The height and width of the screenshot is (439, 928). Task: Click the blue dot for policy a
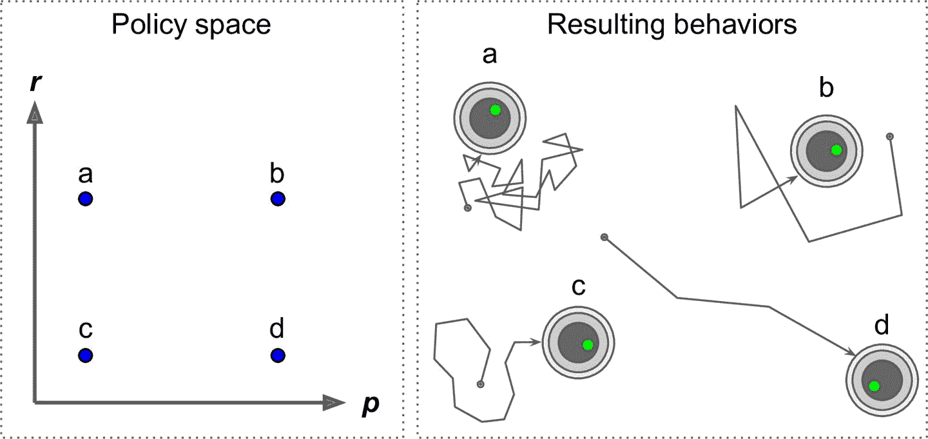[x=86, y=199]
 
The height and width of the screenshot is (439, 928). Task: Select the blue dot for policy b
[x=278, y=199]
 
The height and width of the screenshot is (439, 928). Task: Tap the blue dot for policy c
[x=86, y=355]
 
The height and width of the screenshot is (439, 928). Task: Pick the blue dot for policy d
[x=278, y=355]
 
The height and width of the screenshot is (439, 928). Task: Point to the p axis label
[x=371, y=405]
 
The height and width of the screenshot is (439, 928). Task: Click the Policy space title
[x=191, y=25]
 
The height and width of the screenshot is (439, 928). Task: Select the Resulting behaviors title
[x=672, y=25]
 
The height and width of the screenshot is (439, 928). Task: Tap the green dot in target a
[x=495, y=110]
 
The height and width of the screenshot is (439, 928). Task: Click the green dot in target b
[x=836, y=150]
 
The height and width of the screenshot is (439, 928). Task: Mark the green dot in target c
[x=587, y=345]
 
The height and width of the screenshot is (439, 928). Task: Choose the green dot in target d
[x=874, y=386]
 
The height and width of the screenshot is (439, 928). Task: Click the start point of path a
[x=468, y=208]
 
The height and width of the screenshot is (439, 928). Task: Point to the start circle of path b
[x=890, y=137]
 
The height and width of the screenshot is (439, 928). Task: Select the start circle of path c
[x=480, y=384]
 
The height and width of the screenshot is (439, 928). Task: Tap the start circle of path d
[x=604, y=237]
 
